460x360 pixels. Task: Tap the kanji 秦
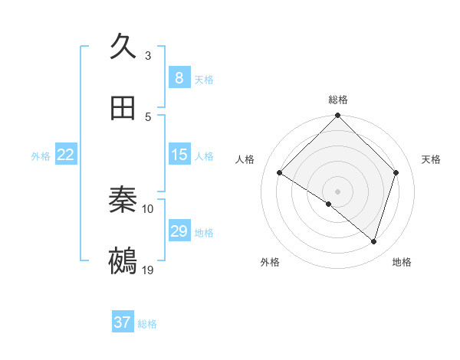point(123,200)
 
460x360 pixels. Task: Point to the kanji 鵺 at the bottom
point(123,261)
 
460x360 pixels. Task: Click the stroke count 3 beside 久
point(148,56)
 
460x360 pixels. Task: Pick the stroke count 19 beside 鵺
point(148,270)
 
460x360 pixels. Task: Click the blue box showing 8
point(179,78)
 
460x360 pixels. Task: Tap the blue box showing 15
point(179,155)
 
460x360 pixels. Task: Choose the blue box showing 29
point(179,231)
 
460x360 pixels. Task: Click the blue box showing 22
point(66,155)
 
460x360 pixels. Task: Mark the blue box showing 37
point(123,322)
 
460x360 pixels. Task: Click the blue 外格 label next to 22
point(41,155)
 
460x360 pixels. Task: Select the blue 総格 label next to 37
point(147,323)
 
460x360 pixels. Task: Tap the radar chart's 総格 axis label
point(337,100)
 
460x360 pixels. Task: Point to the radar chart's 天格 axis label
point(432,159)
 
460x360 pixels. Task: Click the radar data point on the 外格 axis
point(328,204)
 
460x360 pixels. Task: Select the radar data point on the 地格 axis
point(373,241)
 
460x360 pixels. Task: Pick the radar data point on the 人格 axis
point(280,173)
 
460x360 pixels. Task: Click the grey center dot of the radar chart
point(337,191)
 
